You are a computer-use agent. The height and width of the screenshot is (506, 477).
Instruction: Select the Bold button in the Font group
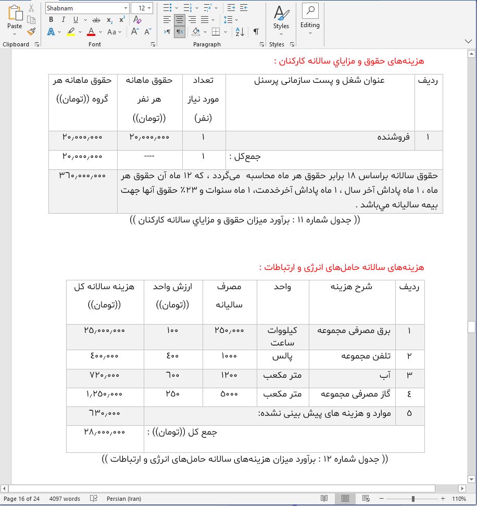pyautogui.click(x=51, y=20)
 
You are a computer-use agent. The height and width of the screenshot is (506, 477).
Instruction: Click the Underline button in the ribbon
pyautogui.click(x=76, y=20)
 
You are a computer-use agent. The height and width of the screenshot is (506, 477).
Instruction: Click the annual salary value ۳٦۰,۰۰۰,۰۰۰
pyautogui.click(x=83, y=176)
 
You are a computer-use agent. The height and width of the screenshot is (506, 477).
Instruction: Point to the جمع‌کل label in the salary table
pyautogui.click(x=245, y=156)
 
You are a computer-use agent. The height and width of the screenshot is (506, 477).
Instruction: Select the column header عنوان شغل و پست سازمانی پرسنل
pyautogui.click(x=320, y=81)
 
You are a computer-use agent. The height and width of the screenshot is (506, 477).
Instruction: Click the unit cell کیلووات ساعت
pyautogui.click(x=282, y=336)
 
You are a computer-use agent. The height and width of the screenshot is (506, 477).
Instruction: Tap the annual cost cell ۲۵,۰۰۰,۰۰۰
pyautogui.click(x=104, y=330)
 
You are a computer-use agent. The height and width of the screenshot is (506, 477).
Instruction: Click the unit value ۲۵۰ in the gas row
pyautogui.click(x=172, y=393)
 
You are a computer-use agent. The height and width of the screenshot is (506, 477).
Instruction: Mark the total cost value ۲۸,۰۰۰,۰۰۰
pyautogui.click(x=104, y=432)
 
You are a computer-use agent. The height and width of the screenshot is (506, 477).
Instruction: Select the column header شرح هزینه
pyautogui.click(x=352, y=287)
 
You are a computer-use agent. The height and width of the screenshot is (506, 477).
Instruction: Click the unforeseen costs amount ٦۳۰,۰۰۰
pyautogui.click(x=104, y=413)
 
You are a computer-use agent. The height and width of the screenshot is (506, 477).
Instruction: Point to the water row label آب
pyautogui.click(x=386, y=375)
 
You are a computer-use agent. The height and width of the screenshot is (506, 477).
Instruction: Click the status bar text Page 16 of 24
pyautogui.click(x=22, y=499)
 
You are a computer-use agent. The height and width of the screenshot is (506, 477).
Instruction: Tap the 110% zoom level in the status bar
pyautogui.click(x=459, y=499)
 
